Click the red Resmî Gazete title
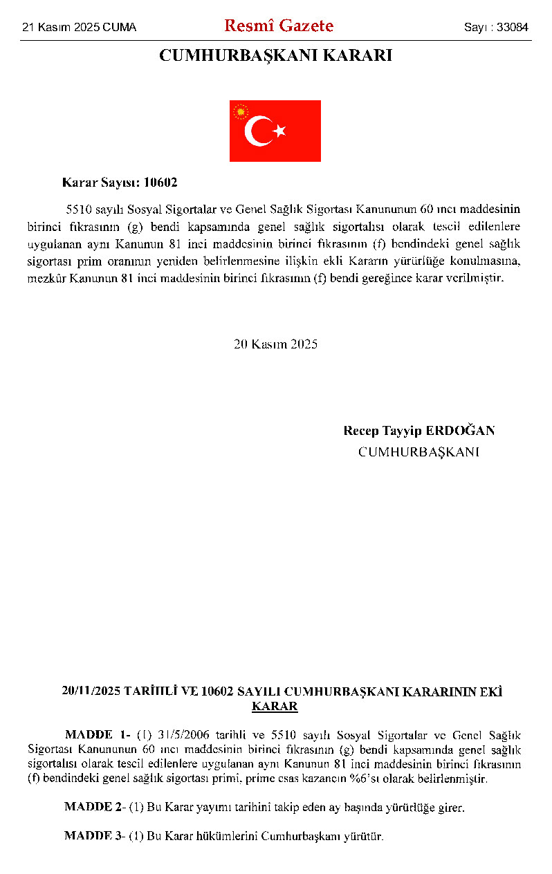pyautogui.click(x=278, y=26)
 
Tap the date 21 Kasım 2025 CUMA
pyautogui.click(x=79, y=28)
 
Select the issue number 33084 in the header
pyautogui.click(x=513, y=28)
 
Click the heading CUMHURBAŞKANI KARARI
pyautogui.click(x=275, y=56)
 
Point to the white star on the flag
pyautogui.click(x=279, y=131)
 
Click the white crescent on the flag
pyautogui.click(x=259, y=131)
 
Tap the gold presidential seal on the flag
pyautogui.click(x=241, y=111)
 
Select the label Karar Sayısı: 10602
pyautogui.click(x=120, y=183)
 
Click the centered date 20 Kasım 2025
pyautogui.click(x=275, y=344)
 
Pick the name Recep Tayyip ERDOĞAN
pyautogui.click(x=418, y=431)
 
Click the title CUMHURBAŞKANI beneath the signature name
pyautogui.click(x=418, y=452)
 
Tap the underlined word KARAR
pyautogui.click(x=275, y=707)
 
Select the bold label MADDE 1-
pyautogui.click(x=98, y=734)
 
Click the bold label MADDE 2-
pyautogui.click(x=95, y=807)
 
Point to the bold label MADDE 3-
pyautogui.click(x=95, y=836)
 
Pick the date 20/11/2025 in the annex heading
pyautogui.click(x=90, y=691)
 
